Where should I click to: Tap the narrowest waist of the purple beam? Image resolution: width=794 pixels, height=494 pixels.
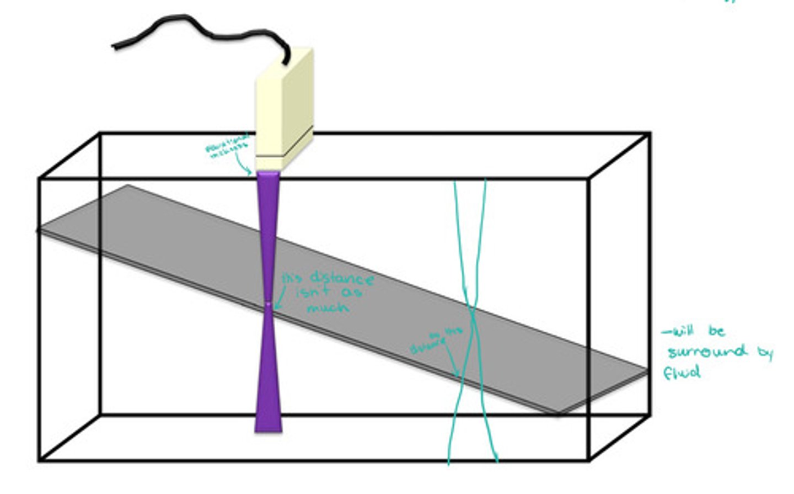coord(268,303)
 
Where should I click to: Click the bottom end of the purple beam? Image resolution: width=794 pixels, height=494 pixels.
coord(268,429)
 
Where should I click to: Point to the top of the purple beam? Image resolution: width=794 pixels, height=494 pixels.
coord(268,174)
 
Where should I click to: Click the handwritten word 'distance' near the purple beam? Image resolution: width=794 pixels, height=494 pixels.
coord(342,278)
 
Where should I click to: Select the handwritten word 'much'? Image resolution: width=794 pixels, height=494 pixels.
coord(328,307)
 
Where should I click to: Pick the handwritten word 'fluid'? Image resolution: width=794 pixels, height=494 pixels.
coord(682,373)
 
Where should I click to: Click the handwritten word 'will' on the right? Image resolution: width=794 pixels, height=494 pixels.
coord(679,331)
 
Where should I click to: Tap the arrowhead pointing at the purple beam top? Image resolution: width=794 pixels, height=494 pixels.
coord(251,172)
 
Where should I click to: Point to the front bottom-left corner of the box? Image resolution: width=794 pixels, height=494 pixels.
coord(40,459)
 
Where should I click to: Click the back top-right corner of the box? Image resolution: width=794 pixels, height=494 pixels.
coord(649,134)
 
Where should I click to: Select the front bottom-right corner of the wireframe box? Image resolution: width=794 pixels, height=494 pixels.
coord(589,459)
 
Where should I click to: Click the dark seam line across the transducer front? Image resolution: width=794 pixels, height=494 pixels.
coord(270,156)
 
